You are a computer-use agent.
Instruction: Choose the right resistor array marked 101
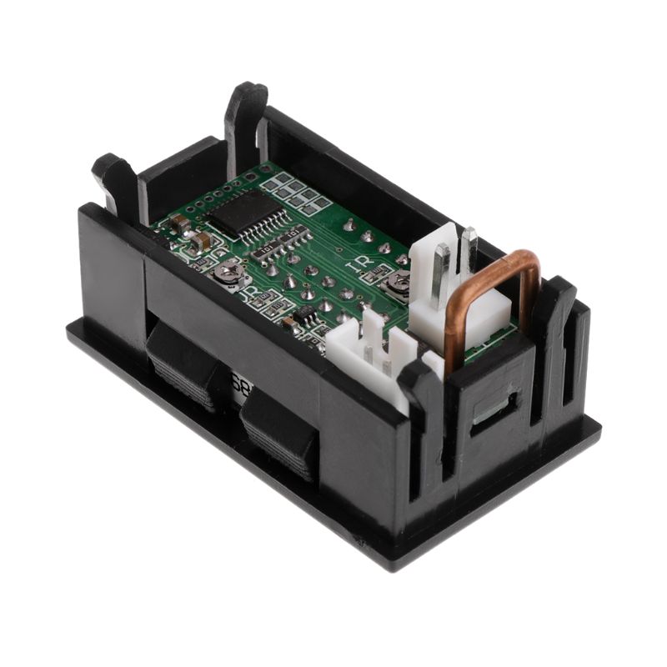(293, 238)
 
